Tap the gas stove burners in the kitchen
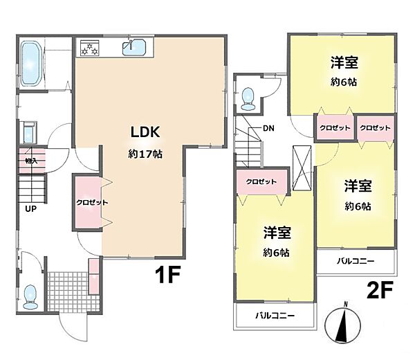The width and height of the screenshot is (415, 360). point(91,48)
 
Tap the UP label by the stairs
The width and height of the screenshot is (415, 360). point(32,207)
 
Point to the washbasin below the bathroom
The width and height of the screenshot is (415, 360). point(28,132)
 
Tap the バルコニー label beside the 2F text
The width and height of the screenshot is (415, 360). point(357,261)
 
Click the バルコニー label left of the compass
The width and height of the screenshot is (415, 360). point(275,316)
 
